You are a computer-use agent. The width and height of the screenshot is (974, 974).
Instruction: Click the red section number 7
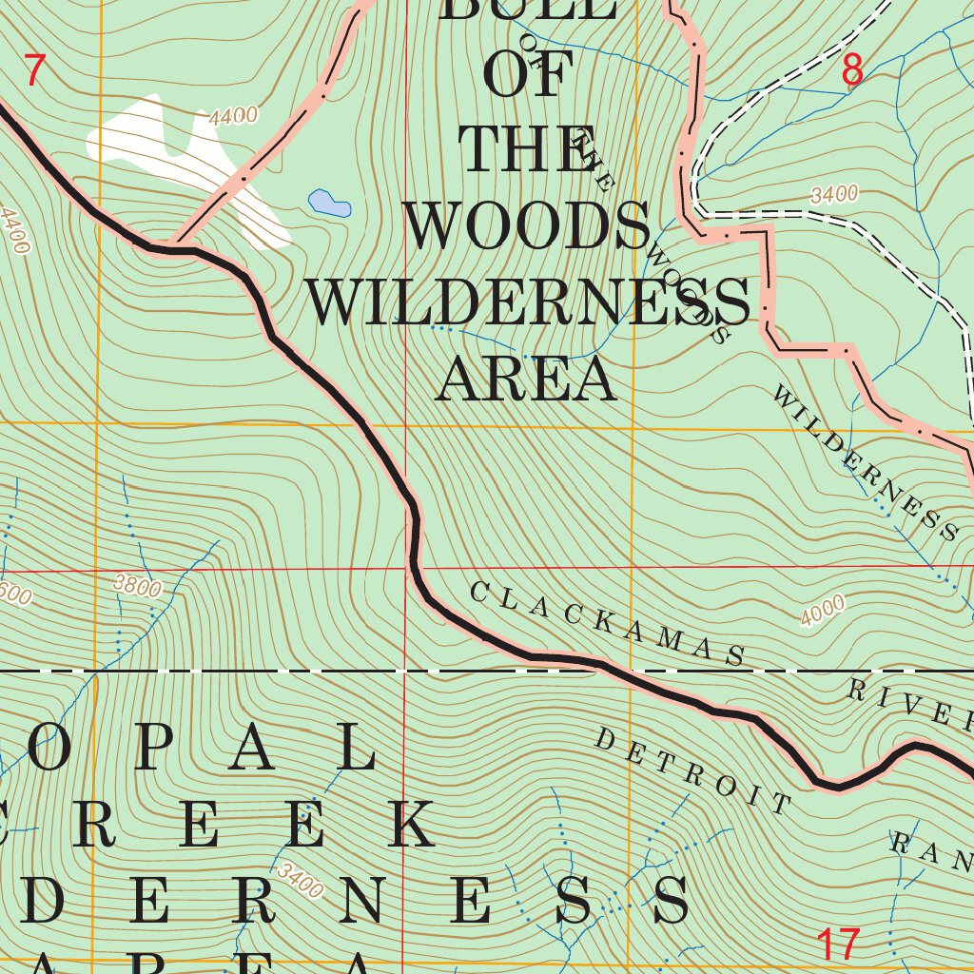click(34, 72)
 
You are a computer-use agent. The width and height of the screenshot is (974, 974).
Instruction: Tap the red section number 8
click(852, 70)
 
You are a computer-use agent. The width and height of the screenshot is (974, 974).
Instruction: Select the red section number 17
click(838, 944)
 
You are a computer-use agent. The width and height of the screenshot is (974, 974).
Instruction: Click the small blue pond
click(329, 203)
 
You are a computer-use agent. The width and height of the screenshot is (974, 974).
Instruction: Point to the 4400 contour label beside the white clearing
click(234, 117)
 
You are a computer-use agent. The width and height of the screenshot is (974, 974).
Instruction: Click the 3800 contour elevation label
click(137, 587)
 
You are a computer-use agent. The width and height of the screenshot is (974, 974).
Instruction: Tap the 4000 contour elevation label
click(823, 611)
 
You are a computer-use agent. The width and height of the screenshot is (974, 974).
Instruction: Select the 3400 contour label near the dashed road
click(834, 196)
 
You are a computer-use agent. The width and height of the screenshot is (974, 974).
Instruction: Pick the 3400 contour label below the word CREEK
click(302, 880)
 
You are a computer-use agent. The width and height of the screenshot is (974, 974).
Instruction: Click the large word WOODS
click(527, 227)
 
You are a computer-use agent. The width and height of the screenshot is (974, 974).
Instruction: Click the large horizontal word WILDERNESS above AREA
click(528, 303)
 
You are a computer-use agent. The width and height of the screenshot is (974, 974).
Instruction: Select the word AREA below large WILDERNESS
click(526, 380)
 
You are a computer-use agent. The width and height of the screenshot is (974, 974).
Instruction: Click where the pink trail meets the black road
click(171, 248)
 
